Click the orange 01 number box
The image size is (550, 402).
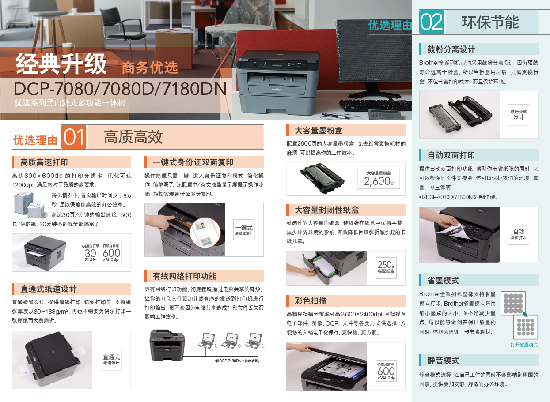[74, 137]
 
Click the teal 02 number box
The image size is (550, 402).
[432, 22]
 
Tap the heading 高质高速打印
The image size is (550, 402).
[44, 162]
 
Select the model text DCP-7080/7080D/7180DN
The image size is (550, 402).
[120, 89]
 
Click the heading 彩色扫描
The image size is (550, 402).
[311, 301]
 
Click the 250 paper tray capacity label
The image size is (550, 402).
[386, 267]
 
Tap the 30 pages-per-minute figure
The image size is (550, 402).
[91, 253]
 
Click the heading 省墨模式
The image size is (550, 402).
[443, 280]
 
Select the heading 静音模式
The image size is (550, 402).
[443, 361]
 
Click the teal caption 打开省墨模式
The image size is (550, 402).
[524, 345]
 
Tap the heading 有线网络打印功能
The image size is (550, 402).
[185, 276]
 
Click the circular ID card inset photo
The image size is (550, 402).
[205, 233]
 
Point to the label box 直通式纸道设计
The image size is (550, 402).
[111, 360]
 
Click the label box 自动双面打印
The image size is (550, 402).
[519, 234]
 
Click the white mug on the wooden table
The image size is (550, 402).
[68, 47]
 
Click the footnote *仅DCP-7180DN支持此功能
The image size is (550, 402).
[237, 361]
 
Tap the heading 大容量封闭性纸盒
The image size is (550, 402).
[326, 210]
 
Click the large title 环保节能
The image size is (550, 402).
[490, 22]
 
